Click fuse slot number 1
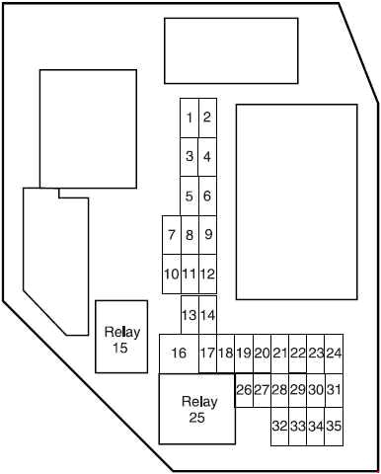pos(189,118)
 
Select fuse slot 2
pos(207,118)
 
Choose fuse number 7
pos(172,235)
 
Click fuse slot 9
pos(208,235)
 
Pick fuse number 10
pos(171,274)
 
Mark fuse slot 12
pos(208,274)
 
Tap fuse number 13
pos(189,315)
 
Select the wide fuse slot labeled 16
pos(179,354)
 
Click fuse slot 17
pos(207,354)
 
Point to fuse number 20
pos(262,354)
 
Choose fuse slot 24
pos(335,354)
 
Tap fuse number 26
pos(244,390)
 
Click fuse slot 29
pos(298,390)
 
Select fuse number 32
pos(279,427)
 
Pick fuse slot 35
pos(335,427)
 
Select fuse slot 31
pos(335,390)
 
